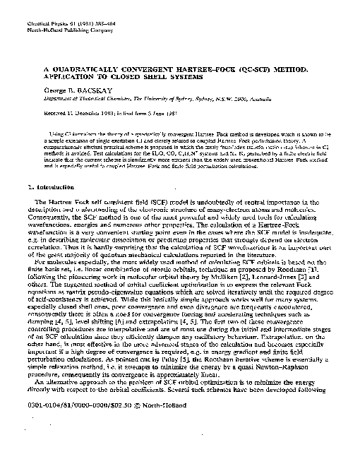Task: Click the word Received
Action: (x=36, y=112)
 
